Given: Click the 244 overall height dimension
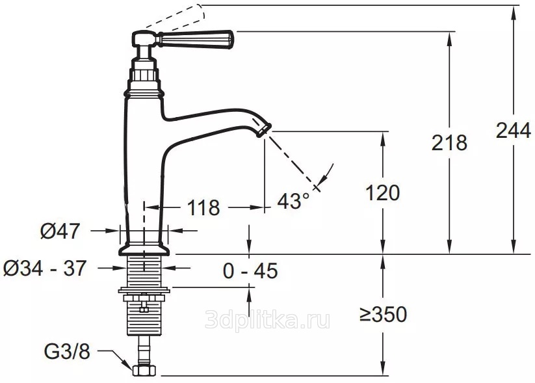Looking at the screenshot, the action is tap(513, 130).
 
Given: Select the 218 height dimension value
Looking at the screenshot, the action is tap(449, 142).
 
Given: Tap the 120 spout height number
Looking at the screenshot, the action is tap(382, 193).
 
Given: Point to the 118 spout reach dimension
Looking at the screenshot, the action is tap(203, 207).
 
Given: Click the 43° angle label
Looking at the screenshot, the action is tap(293, 200).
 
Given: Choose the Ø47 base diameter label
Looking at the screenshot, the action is tap(60, 231).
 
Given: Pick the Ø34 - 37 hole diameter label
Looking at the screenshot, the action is tap(45, 268).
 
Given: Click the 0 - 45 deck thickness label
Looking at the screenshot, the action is tap(250, 271).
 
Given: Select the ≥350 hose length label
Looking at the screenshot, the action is tap(383, 314).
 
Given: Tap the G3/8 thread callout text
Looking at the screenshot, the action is tap(67, 351).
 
